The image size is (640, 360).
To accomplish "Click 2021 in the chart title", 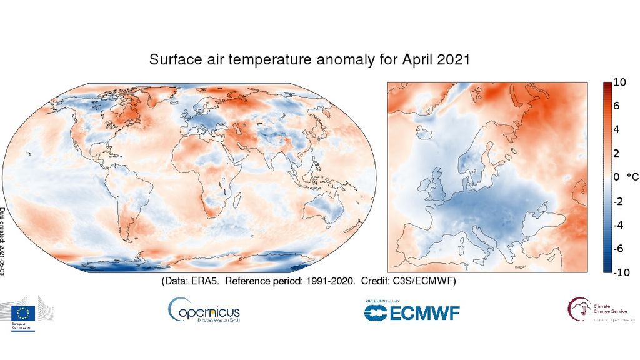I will (452, 61).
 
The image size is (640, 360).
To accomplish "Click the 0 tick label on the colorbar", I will (616, 177).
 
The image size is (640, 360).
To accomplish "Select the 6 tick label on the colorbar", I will (616, 106).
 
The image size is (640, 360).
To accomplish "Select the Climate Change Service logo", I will (597, 309).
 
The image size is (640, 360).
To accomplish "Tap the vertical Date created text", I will (3, 244).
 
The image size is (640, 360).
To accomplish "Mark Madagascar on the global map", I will (238, 201).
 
